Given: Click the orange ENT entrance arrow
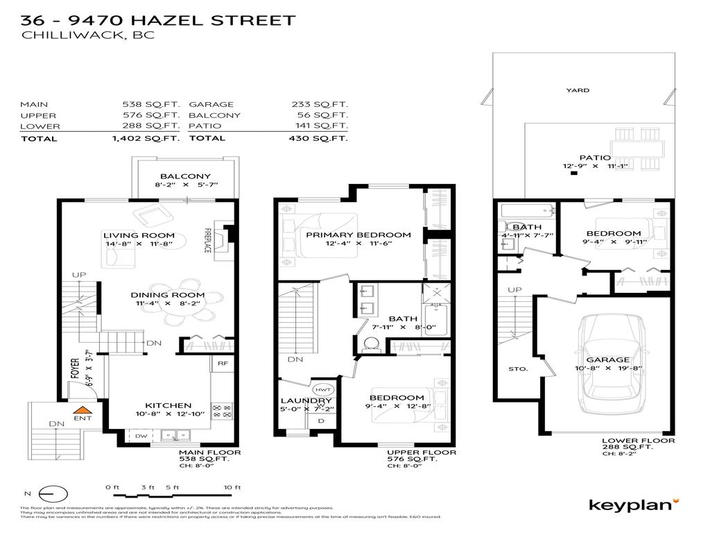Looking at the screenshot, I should (83, 412).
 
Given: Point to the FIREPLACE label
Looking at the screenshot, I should (207, 239).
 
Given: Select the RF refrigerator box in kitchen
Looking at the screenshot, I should (223, 363).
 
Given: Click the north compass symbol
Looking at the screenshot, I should (53, 493).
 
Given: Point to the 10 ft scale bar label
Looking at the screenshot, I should (232, 487).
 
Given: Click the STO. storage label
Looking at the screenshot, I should (518, 369).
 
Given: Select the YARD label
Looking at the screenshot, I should (577, 90).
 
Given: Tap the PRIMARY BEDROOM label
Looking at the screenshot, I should (358, 235).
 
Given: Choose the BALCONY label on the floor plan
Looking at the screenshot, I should (185, 176).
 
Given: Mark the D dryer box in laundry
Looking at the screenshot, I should (320, 421).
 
